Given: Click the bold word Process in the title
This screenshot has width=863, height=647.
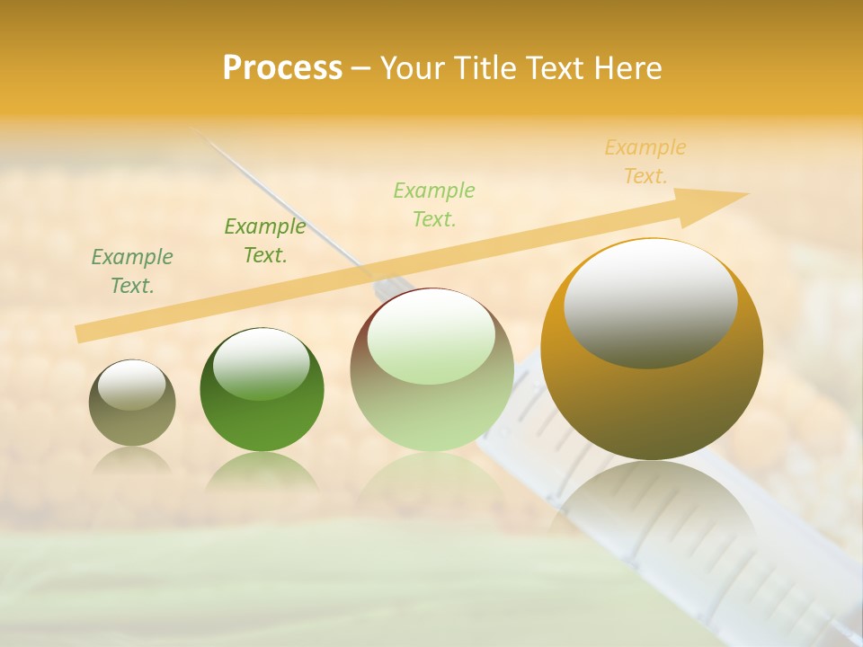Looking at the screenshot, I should [x=282, y=67].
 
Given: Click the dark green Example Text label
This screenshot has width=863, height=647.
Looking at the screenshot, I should [x=132, y=271].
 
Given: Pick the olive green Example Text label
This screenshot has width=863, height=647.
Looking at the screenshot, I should [x=265, y=241].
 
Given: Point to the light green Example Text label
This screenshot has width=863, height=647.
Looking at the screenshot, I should [x=434, y=204].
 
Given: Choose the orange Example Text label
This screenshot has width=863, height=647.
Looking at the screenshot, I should [x=645, y=162].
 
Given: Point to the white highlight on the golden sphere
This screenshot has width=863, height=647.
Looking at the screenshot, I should [x=650, y=302].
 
